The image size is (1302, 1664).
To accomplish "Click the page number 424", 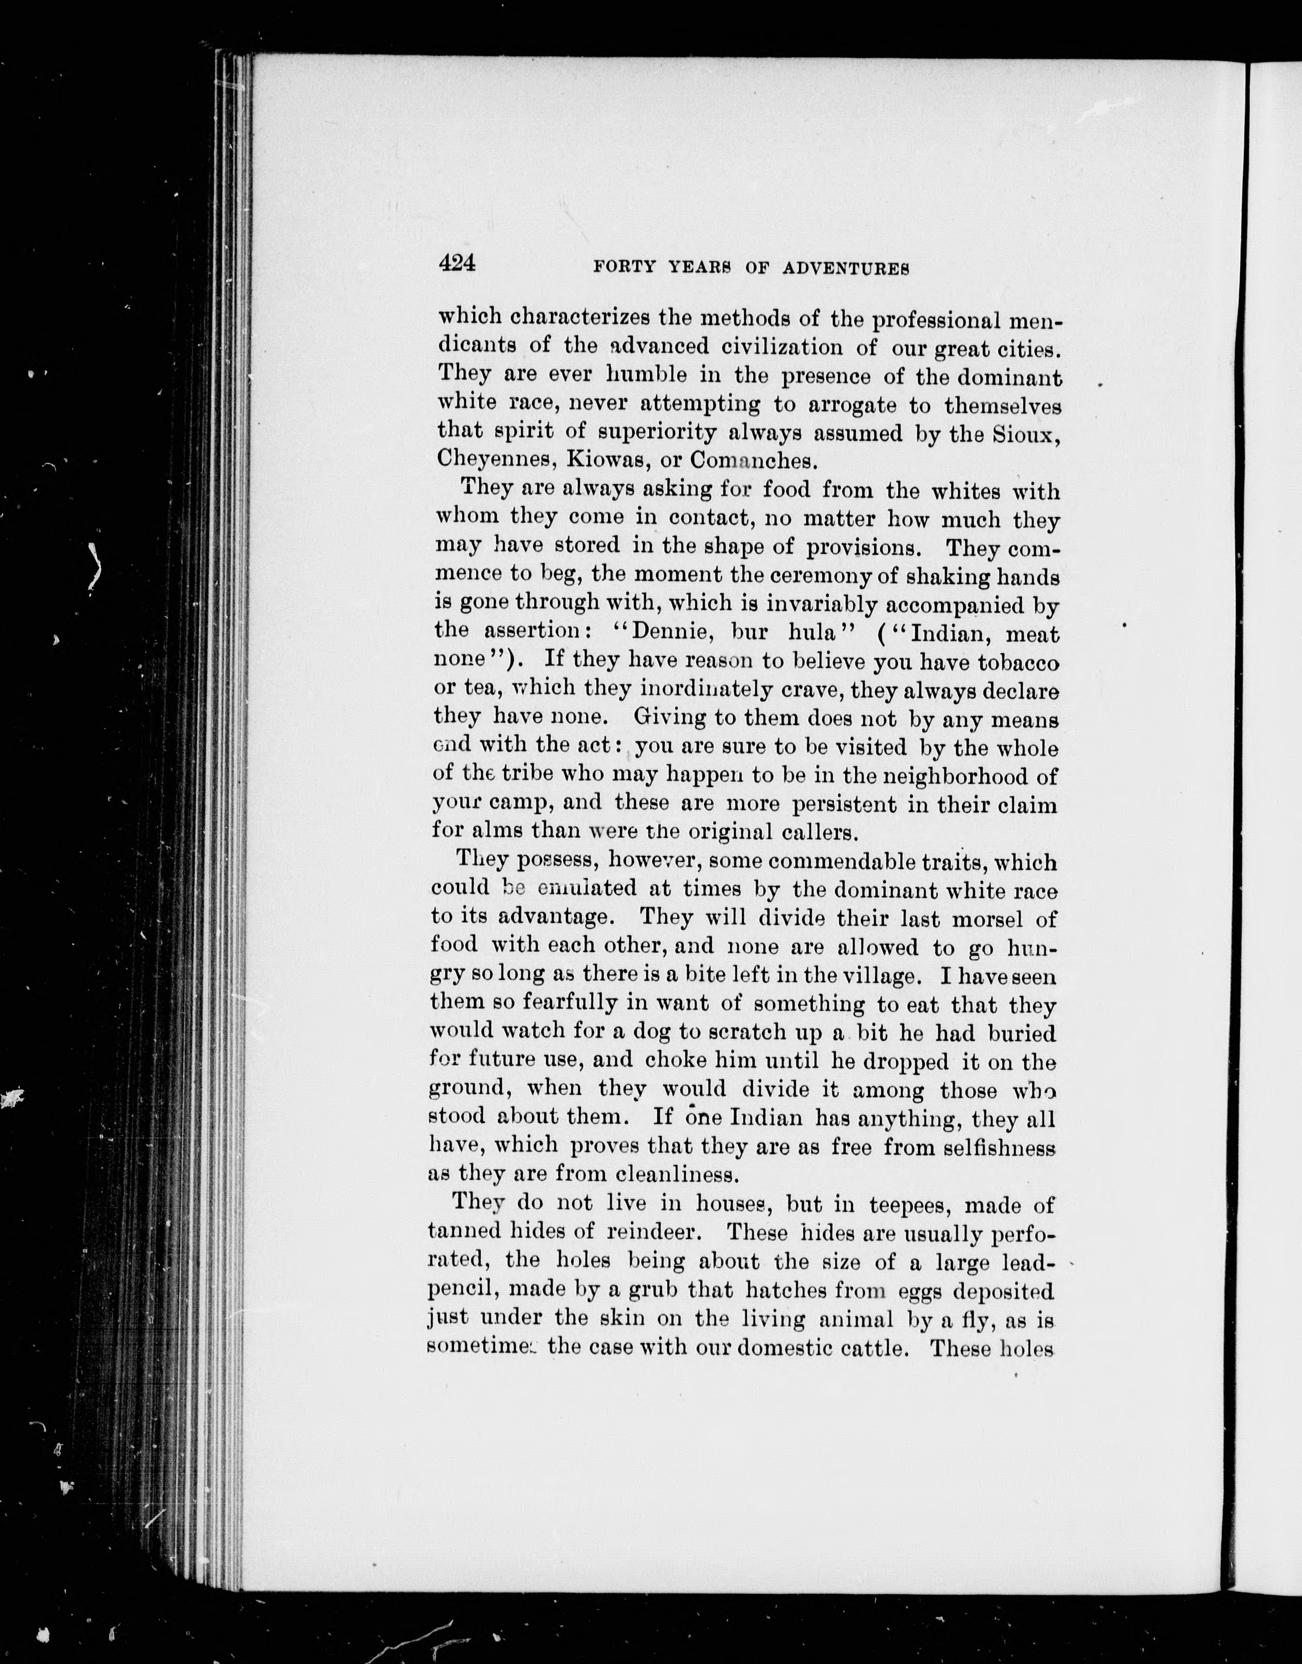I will [457, 263].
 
